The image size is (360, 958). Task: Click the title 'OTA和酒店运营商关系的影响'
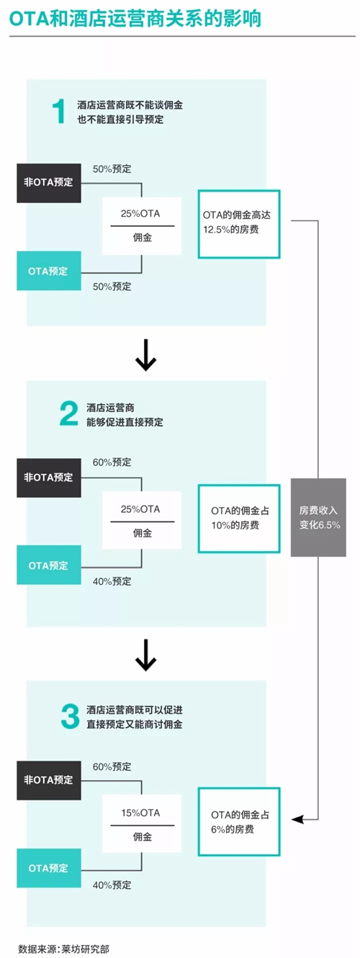135,19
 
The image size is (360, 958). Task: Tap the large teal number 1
59,111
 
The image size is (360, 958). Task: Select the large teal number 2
69,413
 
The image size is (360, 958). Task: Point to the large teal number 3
70,717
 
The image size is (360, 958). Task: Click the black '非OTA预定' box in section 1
49,183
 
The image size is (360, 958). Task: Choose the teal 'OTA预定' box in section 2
49,565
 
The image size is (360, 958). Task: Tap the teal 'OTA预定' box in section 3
49,868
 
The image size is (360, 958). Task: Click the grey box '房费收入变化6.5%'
318,517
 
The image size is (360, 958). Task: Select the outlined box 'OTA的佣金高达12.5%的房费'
239,224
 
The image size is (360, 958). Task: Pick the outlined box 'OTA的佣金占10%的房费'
239,519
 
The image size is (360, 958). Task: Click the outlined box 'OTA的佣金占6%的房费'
239,822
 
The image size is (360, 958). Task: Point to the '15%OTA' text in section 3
140,812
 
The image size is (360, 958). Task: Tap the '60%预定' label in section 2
112,462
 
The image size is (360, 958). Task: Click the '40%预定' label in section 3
112,885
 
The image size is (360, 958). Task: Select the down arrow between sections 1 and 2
145,355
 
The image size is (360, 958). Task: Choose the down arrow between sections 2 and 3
145,655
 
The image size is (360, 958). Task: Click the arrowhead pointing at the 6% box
297,819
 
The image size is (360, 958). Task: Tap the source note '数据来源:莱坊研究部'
63,949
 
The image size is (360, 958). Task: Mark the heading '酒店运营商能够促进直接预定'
125,415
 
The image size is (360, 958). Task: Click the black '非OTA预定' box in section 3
49,780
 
